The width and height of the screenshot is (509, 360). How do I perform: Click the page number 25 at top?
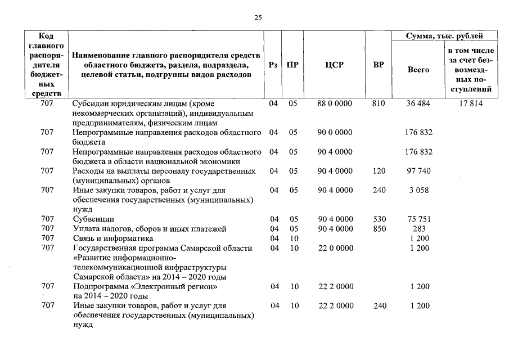[258, 17]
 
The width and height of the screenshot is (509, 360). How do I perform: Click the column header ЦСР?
[334, 65]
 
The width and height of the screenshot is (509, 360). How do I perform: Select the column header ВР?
[379, 65]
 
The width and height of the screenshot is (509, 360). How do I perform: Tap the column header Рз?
[273, 65]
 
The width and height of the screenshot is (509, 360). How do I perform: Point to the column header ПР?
[292, 65]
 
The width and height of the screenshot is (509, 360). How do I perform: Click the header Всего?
[418, 70]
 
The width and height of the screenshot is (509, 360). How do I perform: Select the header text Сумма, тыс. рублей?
[444, 36]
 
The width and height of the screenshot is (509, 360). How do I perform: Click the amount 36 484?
[418, 103]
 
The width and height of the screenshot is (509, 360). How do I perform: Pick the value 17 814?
[471, 103]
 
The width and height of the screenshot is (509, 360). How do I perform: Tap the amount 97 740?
[418, 170]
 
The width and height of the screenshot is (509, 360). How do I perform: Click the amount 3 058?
[418, 190]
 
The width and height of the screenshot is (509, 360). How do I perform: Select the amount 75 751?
[418, 219]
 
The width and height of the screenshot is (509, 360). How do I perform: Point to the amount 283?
[418, 228]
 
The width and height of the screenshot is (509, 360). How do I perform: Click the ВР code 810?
[379, 103]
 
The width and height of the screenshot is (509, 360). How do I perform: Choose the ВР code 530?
[379, 219]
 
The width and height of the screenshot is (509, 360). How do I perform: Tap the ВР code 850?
[379, 228]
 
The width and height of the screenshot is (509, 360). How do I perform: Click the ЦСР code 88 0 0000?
[335, 103]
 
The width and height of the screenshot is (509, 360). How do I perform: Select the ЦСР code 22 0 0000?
[335, 248]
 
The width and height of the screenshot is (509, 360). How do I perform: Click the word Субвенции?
[93, 219]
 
